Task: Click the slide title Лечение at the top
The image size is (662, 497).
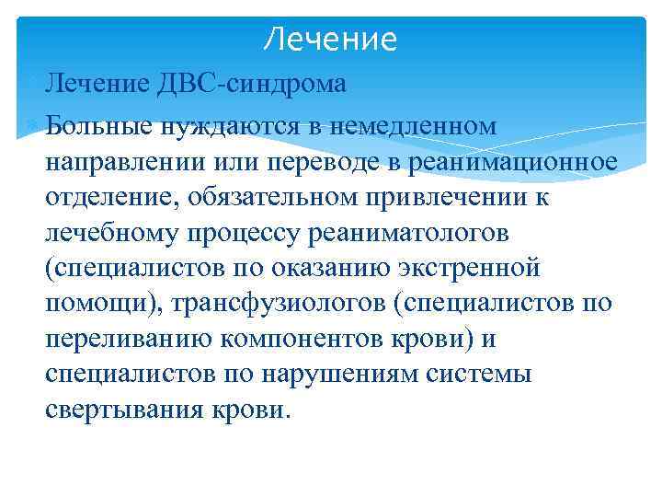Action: pos(330,40)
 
